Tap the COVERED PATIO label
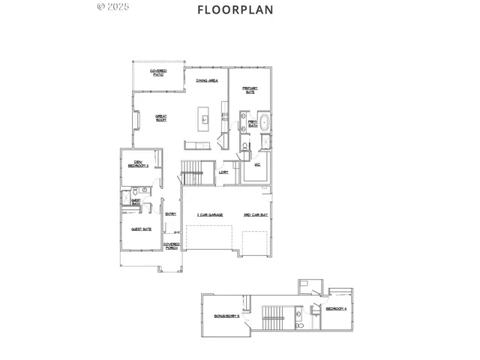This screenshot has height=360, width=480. point(158,73)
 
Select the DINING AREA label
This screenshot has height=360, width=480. point(207,80)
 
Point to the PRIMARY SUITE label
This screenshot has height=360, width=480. point(250,89)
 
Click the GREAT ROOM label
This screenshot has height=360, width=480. point(160,118)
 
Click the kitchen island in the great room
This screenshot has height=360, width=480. point(203,118)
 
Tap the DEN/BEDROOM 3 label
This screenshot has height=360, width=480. point(138,163)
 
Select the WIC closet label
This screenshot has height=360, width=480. point(256,163)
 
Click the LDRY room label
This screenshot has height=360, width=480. point(223,172)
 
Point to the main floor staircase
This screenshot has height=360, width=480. point(193,171)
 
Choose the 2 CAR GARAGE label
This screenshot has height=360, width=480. point(208,215)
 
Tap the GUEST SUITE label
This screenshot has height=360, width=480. point(140,229)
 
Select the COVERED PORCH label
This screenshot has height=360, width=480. point(172,246)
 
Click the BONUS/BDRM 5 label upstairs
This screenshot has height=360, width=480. point(228,316)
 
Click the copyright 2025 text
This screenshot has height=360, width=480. point(114,7)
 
